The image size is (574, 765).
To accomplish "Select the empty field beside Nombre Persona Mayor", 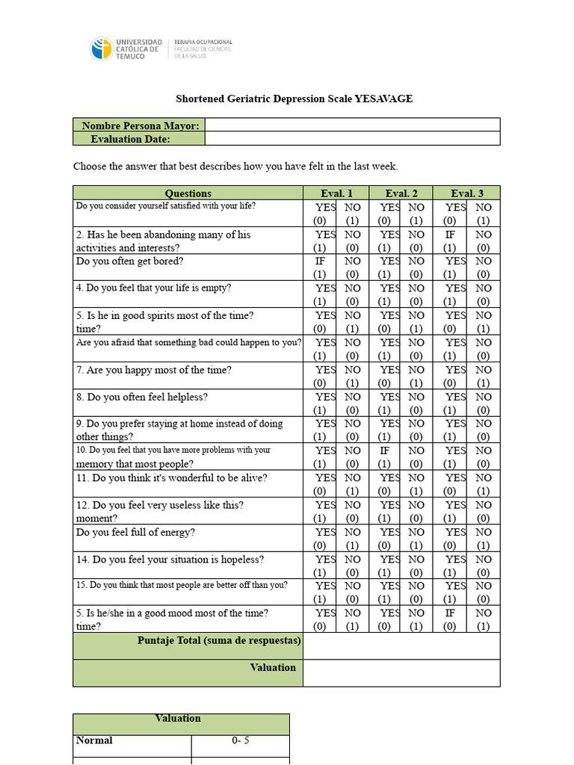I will [x=352, y=125].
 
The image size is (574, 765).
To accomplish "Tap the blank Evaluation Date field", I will [x=352, y=138].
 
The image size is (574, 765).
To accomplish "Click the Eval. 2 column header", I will [x=401, y=193].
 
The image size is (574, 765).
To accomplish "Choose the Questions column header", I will [x=188, y=193].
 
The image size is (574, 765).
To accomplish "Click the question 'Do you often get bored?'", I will [x=130, y=261].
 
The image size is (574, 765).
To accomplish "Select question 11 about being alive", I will [x=171, y=478].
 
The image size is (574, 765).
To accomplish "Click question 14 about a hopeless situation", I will [x=170, y=560].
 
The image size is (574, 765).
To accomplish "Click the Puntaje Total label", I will [x=219, y=640].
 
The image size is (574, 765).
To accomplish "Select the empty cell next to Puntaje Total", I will [x=401, y=646].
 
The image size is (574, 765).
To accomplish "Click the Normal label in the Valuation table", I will [x=94, y=740].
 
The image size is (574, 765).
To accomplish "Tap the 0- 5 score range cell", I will [x=240, y=741].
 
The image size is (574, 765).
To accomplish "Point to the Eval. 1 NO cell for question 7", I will [x=352, y=376].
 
